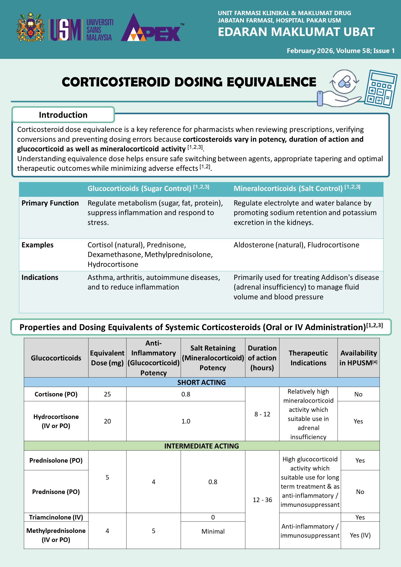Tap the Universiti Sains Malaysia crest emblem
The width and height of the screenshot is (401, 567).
[31, 27]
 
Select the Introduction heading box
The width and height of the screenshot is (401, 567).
[63, 115]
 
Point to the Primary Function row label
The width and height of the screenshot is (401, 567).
[50, 203]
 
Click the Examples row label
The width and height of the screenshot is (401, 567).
[37, 245]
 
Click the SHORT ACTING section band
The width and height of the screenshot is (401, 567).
[201, 382]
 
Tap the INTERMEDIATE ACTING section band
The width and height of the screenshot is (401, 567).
[201, 446]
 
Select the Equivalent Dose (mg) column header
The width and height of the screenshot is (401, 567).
[107, 358]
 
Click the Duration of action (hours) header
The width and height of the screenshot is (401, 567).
[262, 358]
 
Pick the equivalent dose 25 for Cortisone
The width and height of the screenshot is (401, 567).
[107, 394]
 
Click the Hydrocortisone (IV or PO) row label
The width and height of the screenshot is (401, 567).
[56, 421]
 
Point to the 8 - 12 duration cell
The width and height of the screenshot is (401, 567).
[262, 414]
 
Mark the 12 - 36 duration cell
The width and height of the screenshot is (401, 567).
[262, 500]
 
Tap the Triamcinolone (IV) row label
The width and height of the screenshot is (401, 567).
[56, 517]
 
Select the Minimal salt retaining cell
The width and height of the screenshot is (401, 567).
[213, 531]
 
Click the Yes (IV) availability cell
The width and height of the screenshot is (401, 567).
[360, 535]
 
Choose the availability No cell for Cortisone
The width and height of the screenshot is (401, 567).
[358, 394]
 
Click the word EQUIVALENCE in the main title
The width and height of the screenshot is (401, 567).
[271, 82]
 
